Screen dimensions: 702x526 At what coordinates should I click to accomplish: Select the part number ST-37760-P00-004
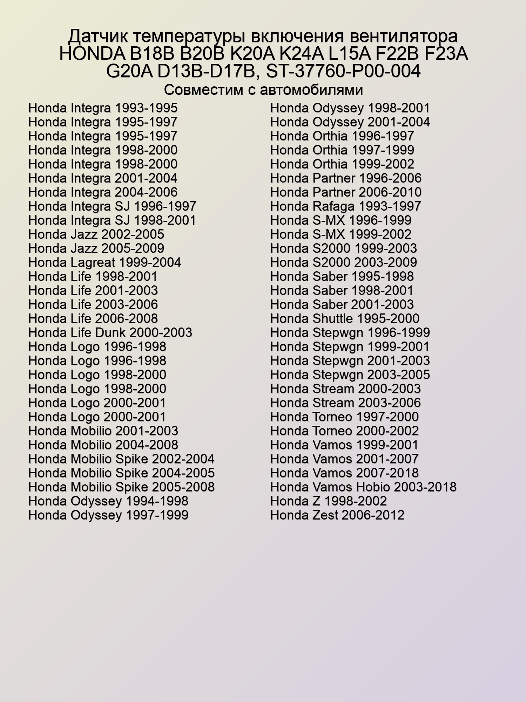343,71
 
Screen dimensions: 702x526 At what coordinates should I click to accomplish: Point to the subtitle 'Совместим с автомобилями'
263,90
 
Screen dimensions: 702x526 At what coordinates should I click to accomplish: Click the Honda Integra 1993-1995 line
103,108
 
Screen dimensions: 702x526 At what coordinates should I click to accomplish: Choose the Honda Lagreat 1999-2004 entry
104,263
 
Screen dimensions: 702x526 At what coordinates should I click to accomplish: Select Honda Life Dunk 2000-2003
110,333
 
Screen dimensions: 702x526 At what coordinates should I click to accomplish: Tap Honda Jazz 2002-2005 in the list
96,234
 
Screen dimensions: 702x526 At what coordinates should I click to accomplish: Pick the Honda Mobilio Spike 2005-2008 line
121,487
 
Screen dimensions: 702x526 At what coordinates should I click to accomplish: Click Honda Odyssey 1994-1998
108,501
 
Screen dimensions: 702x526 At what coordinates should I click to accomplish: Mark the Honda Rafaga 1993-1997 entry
345,206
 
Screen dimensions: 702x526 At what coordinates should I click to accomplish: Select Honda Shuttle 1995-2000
345,319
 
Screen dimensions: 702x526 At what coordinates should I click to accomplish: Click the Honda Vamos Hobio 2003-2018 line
363,487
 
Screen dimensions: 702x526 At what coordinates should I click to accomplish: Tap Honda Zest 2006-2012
337,515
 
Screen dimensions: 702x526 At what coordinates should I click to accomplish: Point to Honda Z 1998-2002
328,501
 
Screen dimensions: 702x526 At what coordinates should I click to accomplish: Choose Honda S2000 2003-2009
344,263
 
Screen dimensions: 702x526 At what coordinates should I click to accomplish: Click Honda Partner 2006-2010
346,192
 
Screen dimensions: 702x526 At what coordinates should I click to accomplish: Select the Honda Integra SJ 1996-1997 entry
112,206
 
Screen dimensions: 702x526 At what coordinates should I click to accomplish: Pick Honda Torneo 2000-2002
344,431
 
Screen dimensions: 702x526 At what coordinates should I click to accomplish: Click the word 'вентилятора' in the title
404,37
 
